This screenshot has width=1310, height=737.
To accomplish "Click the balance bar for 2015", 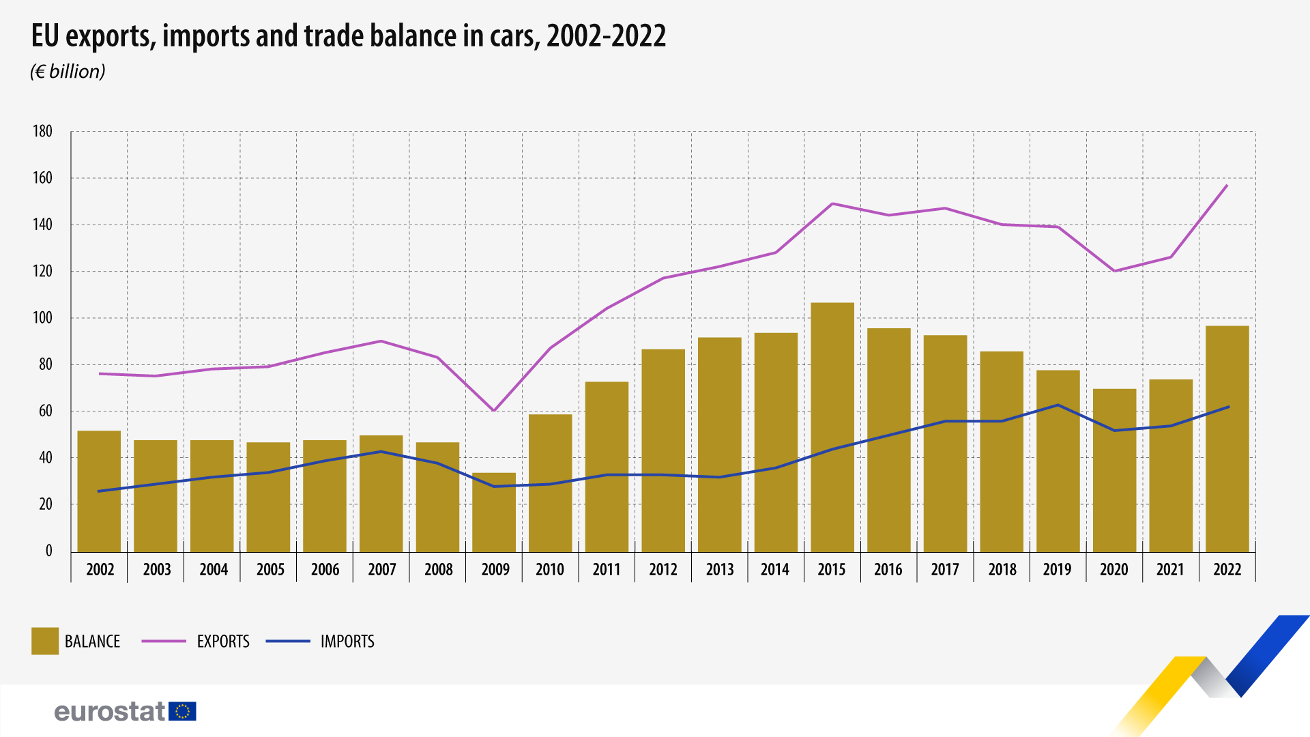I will coord(832,427).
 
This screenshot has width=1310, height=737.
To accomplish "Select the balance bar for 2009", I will coord(494,512).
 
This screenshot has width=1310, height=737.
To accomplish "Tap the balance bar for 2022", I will coord(1227,438).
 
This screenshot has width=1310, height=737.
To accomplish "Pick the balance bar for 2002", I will coord(99,491).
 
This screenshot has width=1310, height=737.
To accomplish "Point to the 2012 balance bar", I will coord(663,450).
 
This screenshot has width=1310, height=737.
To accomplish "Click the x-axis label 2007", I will coord(382,570).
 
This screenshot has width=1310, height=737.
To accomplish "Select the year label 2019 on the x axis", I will coord(1058,570).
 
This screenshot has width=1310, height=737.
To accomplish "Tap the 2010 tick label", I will coord(550,570).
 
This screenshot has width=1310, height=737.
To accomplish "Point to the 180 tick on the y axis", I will coord(42,132).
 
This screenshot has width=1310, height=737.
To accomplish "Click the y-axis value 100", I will coord(42,318).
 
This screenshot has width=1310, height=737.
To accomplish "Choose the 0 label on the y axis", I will coord(48,551).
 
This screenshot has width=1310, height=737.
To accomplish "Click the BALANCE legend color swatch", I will coord(45,641).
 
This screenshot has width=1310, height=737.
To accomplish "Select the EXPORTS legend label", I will coord(223,641).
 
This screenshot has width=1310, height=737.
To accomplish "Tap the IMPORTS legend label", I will coord(347,641).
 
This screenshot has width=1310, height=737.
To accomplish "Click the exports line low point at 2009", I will coord(494,410).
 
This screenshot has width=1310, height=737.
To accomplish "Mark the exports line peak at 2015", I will coord(832,203).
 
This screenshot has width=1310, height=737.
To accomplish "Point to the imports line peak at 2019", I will coord(1058,405).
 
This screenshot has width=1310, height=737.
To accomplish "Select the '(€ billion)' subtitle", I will coord(68,72).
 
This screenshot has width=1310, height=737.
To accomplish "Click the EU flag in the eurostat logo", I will coord(183,711).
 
